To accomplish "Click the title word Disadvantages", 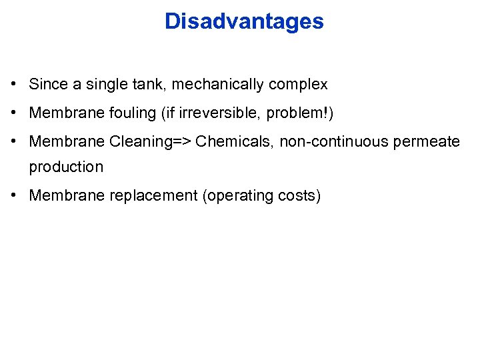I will click(244, 21).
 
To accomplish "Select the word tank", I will click(146, 85).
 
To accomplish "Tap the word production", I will click(66, 167).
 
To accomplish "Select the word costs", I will click(298, 196).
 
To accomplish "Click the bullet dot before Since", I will click(14, 85).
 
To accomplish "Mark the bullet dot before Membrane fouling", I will click(14, 113).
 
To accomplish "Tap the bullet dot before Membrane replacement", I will click(14, 195).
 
